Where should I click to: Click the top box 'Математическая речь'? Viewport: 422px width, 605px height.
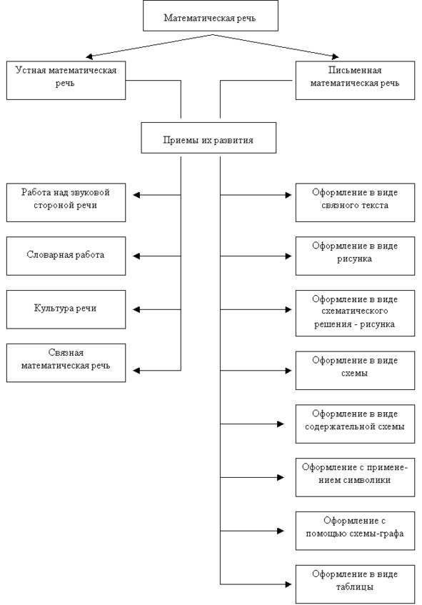211,16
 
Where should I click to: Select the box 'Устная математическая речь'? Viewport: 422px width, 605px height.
66,80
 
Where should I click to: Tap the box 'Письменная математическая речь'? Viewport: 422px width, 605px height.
356,80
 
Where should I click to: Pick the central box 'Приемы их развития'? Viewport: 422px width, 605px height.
209,138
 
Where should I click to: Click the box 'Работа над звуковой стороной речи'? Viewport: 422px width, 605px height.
66,203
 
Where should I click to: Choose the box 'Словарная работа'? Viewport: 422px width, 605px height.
66,256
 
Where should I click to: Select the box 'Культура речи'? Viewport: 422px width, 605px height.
66,309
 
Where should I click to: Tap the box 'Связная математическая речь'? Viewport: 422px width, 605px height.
66,363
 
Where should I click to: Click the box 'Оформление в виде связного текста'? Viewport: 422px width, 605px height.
356,203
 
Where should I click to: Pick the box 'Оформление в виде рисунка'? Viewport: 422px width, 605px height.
356,256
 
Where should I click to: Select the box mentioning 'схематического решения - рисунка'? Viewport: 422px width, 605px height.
356,314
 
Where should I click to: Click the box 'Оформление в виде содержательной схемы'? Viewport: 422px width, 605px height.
356,424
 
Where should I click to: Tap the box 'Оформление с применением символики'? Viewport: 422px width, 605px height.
356,477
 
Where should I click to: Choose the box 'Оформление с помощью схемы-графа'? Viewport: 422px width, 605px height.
356,531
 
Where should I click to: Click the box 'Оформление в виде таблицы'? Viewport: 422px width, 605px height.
356,584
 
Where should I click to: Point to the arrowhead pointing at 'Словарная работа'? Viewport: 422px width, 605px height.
136,256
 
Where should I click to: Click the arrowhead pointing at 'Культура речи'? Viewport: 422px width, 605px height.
136,309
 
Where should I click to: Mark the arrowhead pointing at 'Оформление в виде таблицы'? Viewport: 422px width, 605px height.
288,584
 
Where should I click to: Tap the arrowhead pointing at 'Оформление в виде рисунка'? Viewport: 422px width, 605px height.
288,256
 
